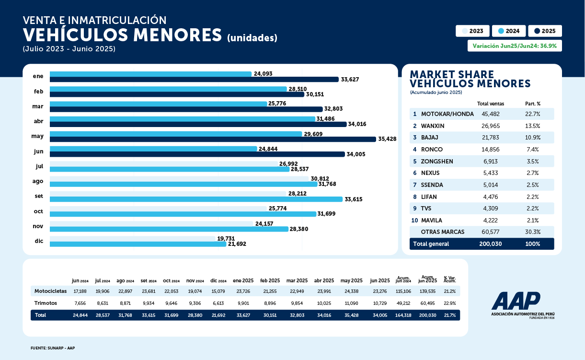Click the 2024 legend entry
(509, 31)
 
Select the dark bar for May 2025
(213, 139)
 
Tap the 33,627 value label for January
(350, 80)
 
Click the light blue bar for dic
(138, 244)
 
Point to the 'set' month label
(38, 196)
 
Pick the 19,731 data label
(227, 238)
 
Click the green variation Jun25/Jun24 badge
(515, 46)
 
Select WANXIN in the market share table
(433, 126)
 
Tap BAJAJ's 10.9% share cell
(532, 138)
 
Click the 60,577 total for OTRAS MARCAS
(491, 232)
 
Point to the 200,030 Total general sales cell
(491, 244)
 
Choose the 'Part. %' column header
(532, 104)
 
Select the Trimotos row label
(46, 303)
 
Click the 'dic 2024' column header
(218, 281)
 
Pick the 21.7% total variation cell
(449, 315)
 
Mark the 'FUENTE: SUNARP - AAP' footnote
(53, 348)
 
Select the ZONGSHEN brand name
(437, 161)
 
